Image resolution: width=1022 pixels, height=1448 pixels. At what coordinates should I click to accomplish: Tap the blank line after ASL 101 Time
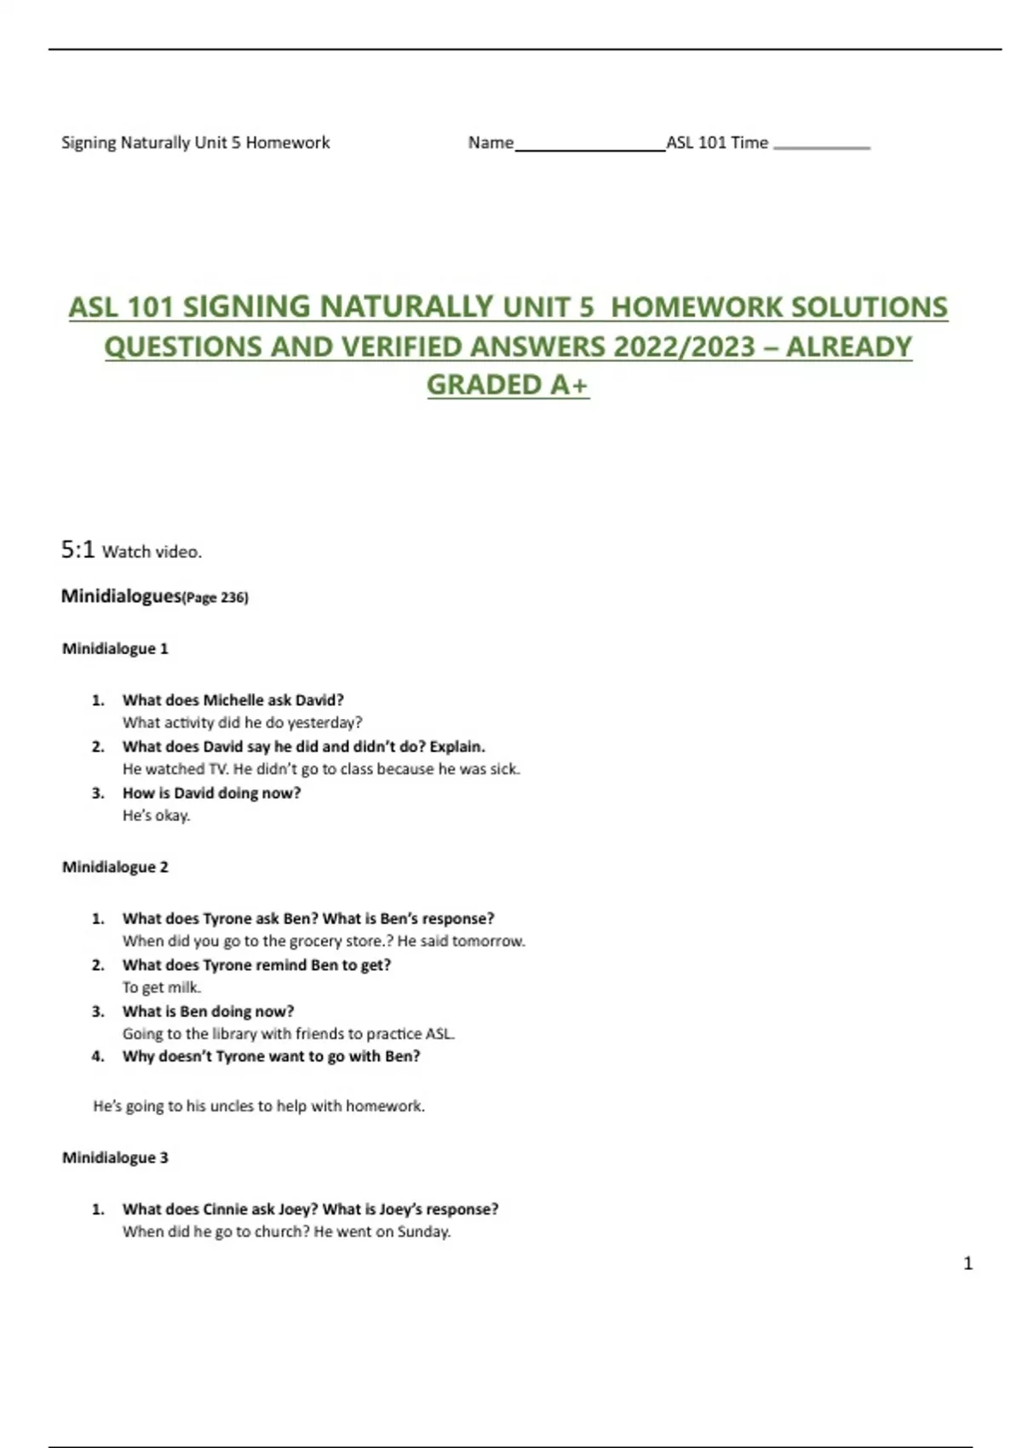tap(821, 147)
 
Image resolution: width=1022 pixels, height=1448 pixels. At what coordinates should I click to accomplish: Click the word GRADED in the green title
tap(484, 385)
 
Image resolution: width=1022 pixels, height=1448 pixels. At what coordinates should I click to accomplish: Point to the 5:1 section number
tap(78, 550)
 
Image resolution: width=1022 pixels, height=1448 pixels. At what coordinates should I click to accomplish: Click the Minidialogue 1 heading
tap(115, 649)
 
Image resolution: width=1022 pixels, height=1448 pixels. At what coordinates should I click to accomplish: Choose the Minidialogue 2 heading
tap(115, 867)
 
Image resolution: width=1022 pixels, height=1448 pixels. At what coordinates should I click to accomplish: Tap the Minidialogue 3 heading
tap(115, 1158)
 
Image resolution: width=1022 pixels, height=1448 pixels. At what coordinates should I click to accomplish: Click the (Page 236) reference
tap(215, 598)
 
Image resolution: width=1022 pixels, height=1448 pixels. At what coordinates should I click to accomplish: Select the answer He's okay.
tap(156, 816)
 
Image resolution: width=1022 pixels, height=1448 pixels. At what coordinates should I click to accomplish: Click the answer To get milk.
tap(161, 988)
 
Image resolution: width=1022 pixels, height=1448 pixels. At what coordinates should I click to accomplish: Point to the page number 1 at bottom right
tap(967, 1263)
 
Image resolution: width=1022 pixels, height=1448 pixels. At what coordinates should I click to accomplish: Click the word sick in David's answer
tap(504, 769)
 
